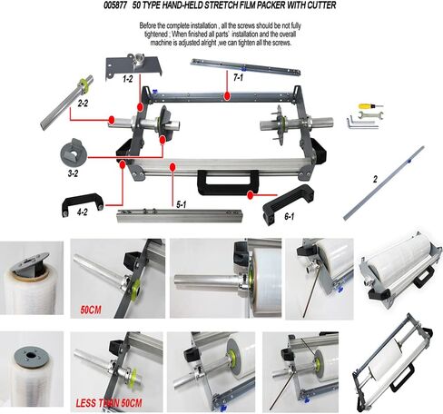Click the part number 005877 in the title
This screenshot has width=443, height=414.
115,5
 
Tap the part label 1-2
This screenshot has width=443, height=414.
127,79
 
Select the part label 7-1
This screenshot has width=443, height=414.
238,78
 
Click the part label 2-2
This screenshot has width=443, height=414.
83,103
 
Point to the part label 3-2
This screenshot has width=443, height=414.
73,173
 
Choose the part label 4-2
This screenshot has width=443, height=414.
82,212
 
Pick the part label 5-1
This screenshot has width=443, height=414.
181,205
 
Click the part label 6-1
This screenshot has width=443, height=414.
289,216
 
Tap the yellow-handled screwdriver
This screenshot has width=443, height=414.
370,106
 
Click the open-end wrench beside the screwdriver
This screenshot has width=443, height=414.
370,115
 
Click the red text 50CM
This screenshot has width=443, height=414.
91,310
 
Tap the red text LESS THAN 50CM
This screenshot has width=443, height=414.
109,403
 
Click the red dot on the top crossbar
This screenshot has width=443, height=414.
227,96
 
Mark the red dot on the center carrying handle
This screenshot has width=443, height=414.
250,195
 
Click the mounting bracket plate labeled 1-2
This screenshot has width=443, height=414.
133,67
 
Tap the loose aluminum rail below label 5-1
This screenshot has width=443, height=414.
180,215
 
